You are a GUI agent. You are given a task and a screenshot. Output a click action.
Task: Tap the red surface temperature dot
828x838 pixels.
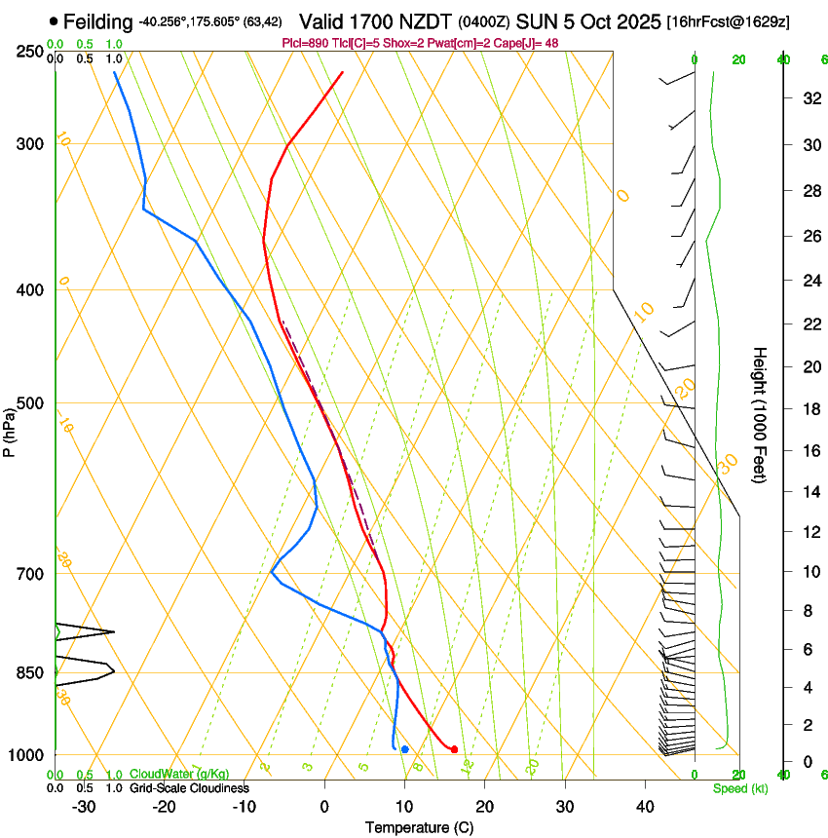(x=454, y=748)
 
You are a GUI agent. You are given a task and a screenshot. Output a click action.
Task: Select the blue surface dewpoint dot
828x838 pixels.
(x=404, y=748)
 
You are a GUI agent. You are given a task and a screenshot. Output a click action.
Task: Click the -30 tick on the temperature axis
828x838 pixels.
(x=84, y=806)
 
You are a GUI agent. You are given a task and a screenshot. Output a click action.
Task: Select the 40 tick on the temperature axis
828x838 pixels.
(x=644, y=806)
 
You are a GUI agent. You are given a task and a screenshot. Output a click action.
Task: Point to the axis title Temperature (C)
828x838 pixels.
(x=419, y=827)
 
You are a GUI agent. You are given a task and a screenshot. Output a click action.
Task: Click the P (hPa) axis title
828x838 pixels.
(x=9, y=429)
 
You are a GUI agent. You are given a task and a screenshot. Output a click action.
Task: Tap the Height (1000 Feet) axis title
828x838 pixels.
(x=761, y=414)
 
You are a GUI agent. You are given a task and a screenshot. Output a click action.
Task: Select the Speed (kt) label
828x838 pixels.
(x=739, y=788)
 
